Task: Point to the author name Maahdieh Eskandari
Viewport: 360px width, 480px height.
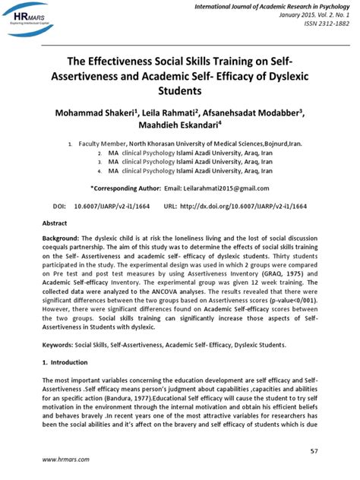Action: (x=178, y=126)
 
